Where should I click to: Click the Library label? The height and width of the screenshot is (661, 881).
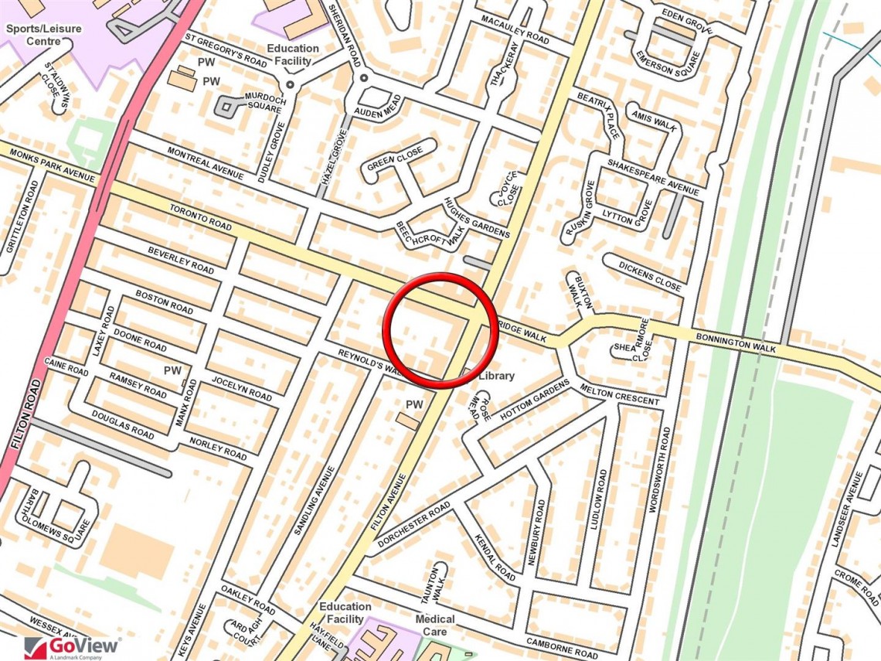pos(496,376)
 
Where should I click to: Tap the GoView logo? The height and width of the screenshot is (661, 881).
pos(73,646)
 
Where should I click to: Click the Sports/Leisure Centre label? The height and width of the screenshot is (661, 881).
pos(44,34)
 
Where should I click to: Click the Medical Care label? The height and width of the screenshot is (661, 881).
pos(435,625)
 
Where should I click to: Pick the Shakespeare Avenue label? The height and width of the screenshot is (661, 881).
pos(652,177)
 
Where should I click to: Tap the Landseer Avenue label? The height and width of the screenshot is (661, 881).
pos(847,512)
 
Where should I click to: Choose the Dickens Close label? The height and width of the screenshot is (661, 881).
pos(650,276)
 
